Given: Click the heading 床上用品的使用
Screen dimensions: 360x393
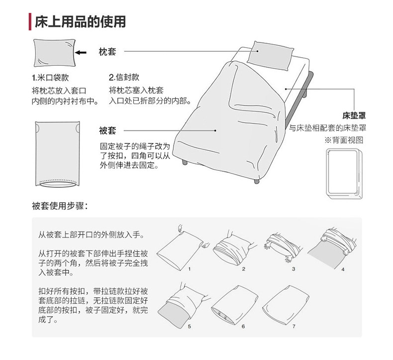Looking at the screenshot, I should [x=80, y=21].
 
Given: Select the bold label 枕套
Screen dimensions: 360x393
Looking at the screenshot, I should [x=107, y=51].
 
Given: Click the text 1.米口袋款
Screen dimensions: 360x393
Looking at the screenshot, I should [x=50, y=78].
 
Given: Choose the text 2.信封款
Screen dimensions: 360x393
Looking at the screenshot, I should [x=124, y=78].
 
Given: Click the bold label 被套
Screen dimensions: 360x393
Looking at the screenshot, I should [x=107, y=130].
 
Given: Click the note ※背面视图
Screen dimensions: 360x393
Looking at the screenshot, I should [x=344, y=140].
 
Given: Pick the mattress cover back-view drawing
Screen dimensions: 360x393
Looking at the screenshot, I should [x=343, y=173].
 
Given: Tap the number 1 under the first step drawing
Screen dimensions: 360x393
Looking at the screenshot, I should [x=189, y=268].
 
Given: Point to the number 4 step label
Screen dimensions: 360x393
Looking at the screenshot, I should [x=343, y=269].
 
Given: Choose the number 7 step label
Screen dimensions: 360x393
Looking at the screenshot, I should [x=294, y=326].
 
